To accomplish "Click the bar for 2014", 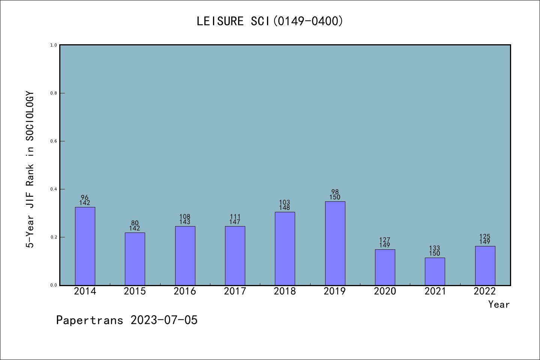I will pyautogui.click(x=85, y=246).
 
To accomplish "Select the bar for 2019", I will pyautogui.click(x=335, y=243).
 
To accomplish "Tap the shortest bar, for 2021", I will pyautogui.click(x=435, y=271).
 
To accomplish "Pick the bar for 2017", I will pyautogui.click(x=235, y=256).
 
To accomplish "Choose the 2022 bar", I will pyautogui.click(x=485, y=265).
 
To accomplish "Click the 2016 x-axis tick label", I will pyautogui.click(x=185, y=291).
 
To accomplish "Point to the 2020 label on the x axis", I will pyautogui.click(x=385, y=291).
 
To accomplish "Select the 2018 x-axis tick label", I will pyautogui.click(x=285, y=291).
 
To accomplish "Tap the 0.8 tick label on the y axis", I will pyautogui.click(x=54, y=93).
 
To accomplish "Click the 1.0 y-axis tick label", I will pyautogui.click(x=54, y=45).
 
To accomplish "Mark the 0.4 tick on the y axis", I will pyautogui.click(x=54, y=189).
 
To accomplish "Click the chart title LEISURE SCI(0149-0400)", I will pyautogui.click(x=270, y=21).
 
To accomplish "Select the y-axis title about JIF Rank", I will pyautogui.click(x=30, y=169).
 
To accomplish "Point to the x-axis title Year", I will pyautogui.click(x=499, y=304).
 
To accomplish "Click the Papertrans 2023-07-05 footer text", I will pyautogui.click(x=127, y=320).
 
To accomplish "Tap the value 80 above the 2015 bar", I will pyautogui.click(x=135, y=223).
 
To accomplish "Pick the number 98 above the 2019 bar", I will pyautogui.click(x=335, y=192).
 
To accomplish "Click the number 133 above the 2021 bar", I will pyautogui.click(x=435, y=248).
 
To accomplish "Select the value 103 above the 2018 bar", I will pyautogui.click(x=285, y=202).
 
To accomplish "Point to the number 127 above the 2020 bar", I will pyautogui.click(x=385, y=240).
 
